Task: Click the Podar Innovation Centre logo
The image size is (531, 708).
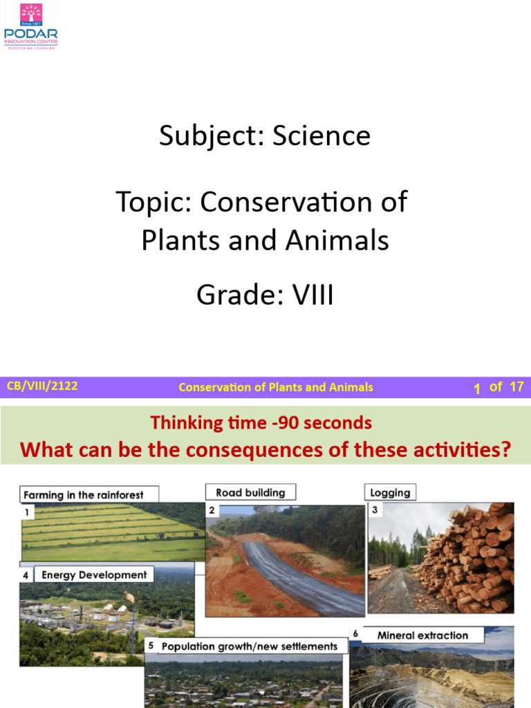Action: (31, 26)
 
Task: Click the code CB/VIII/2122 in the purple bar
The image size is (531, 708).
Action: (42, 386)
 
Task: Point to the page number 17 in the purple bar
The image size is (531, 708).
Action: (516, 387)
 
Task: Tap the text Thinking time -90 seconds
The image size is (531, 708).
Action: (261, 422)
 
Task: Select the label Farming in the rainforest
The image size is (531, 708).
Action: (84, 495)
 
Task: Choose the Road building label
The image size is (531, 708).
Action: (250, 492)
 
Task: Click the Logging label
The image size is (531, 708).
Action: (390, 493)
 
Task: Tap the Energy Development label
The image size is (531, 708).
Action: (94, 575)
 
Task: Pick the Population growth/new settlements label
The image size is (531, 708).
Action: (249, 646)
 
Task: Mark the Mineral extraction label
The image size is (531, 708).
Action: (422, 635)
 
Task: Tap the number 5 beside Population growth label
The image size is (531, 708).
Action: (151, 646)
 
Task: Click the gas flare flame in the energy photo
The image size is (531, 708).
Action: (129, 595)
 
